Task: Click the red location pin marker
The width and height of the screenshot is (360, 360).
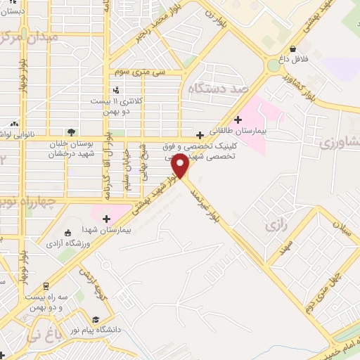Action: coord(180,165)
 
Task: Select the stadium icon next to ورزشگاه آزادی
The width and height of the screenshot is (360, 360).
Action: coord(67,233)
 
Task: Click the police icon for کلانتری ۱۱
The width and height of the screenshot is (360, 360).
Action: coord(116,90)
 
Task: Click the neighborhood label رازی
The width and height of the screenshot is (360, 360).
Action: coord(274,226)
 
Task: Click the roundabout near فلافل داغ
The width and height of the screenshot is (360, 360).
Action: coord(273,65)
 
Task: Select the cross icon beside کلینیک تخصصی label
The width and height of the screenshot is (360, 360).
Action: coord(200,135)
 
